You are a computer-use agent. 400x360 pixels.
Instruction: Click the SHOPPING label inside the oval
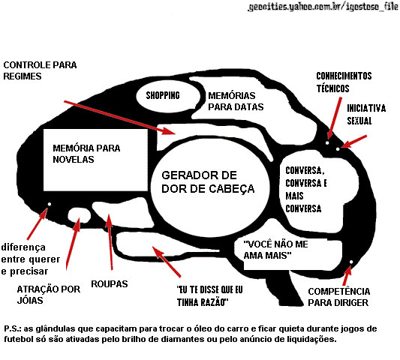pos(163,95)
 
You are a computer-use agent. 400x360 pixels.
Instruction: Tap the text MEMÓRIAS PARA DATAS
pos(236,101)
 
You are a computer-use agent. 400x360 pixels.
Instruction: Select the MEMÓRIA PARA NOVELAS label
pos(86,154)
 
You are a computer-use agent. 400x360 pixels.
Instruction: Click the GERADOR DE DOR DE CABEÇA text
pos(208,182)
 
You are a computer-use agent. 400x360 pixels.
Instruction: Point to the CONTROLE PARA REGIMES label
pos(40,70)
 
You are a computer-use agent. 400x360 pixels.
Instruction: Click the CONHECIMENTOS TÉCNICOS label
pos(344,82)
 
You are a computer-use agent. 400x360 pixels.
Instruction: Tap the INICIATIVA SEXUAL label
pos(366,114)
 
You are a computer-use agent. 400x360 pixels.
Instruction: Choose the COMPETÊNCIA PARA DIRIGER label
pos(338,297)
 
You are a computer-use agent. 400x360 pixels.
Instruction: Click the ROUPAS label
pos(110,284)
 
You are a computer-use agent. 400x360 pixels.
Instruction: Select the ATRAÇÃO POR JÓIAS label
pos(49,295)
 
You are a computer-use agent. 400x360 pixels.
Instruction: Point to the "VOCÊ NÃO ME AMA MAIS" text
pos(275,250)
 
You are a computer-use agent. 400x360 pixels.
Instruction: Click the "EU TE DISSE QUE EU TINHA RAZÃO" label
pos(209,296)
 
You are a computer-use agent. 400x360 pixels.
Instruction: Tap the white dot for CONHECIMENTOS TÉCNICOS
pos(327,142)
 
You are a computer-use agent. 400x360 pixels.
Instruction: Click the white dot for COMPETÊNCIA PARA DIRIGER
pos(351,262)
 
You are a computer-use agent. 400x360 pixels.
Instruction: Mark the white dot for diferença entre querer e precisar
pos(50,204)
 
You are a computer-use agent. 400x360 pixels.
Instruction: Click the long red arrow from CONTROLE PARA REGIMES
pos(120,118)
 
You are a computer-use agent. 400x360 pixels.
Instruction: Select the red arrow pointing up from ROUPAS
pos(110,241)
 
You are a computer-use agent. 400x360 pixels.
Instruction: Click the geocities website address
pos(323,7)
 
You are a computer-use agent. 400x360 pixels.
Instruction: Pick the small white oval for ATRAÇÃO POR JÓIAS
pos(80,216)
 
